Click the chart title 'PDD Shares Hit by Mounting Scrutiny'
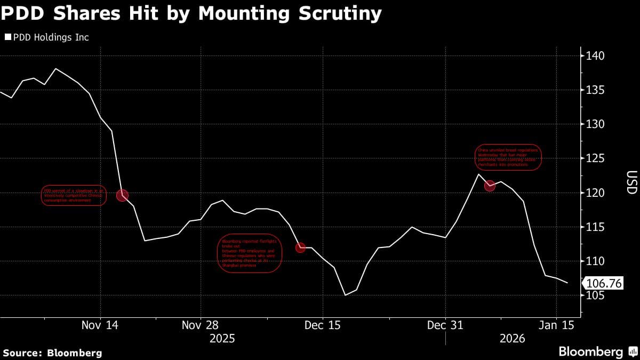tap(191, 13)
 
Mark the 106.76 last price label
tap(604, 283)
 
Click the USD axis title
tap(631, 182)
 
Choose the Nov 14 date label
tap(100, 325)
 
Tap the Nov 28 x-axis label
tap(200, 325)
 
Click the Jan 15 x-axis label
tap(556, 325)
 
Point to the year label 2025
tap(222, 338)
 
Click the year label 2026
tap(512, 338)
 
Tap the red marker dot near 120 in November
tap(122, 195)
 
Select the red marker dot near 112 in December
tap(300, 247)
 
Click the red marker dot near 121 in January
tap(490, 186)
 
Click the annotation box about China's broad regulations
tap(508, 157)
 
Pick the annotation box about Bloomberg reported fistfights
tap(250, 253)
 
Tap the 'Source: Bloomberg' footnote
tap(52, 353)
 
